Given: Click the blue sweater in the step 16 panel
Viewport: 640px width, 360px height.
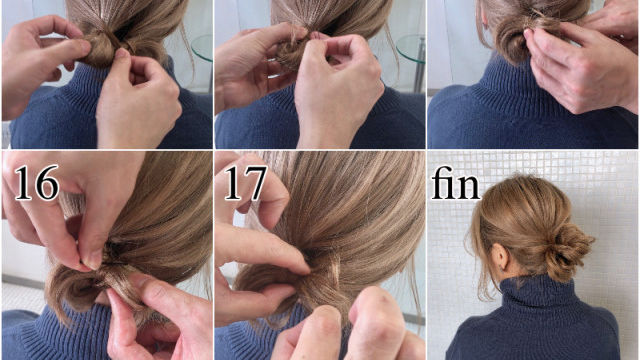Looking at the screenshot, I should pyautogui.click(x=40, y=335).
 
